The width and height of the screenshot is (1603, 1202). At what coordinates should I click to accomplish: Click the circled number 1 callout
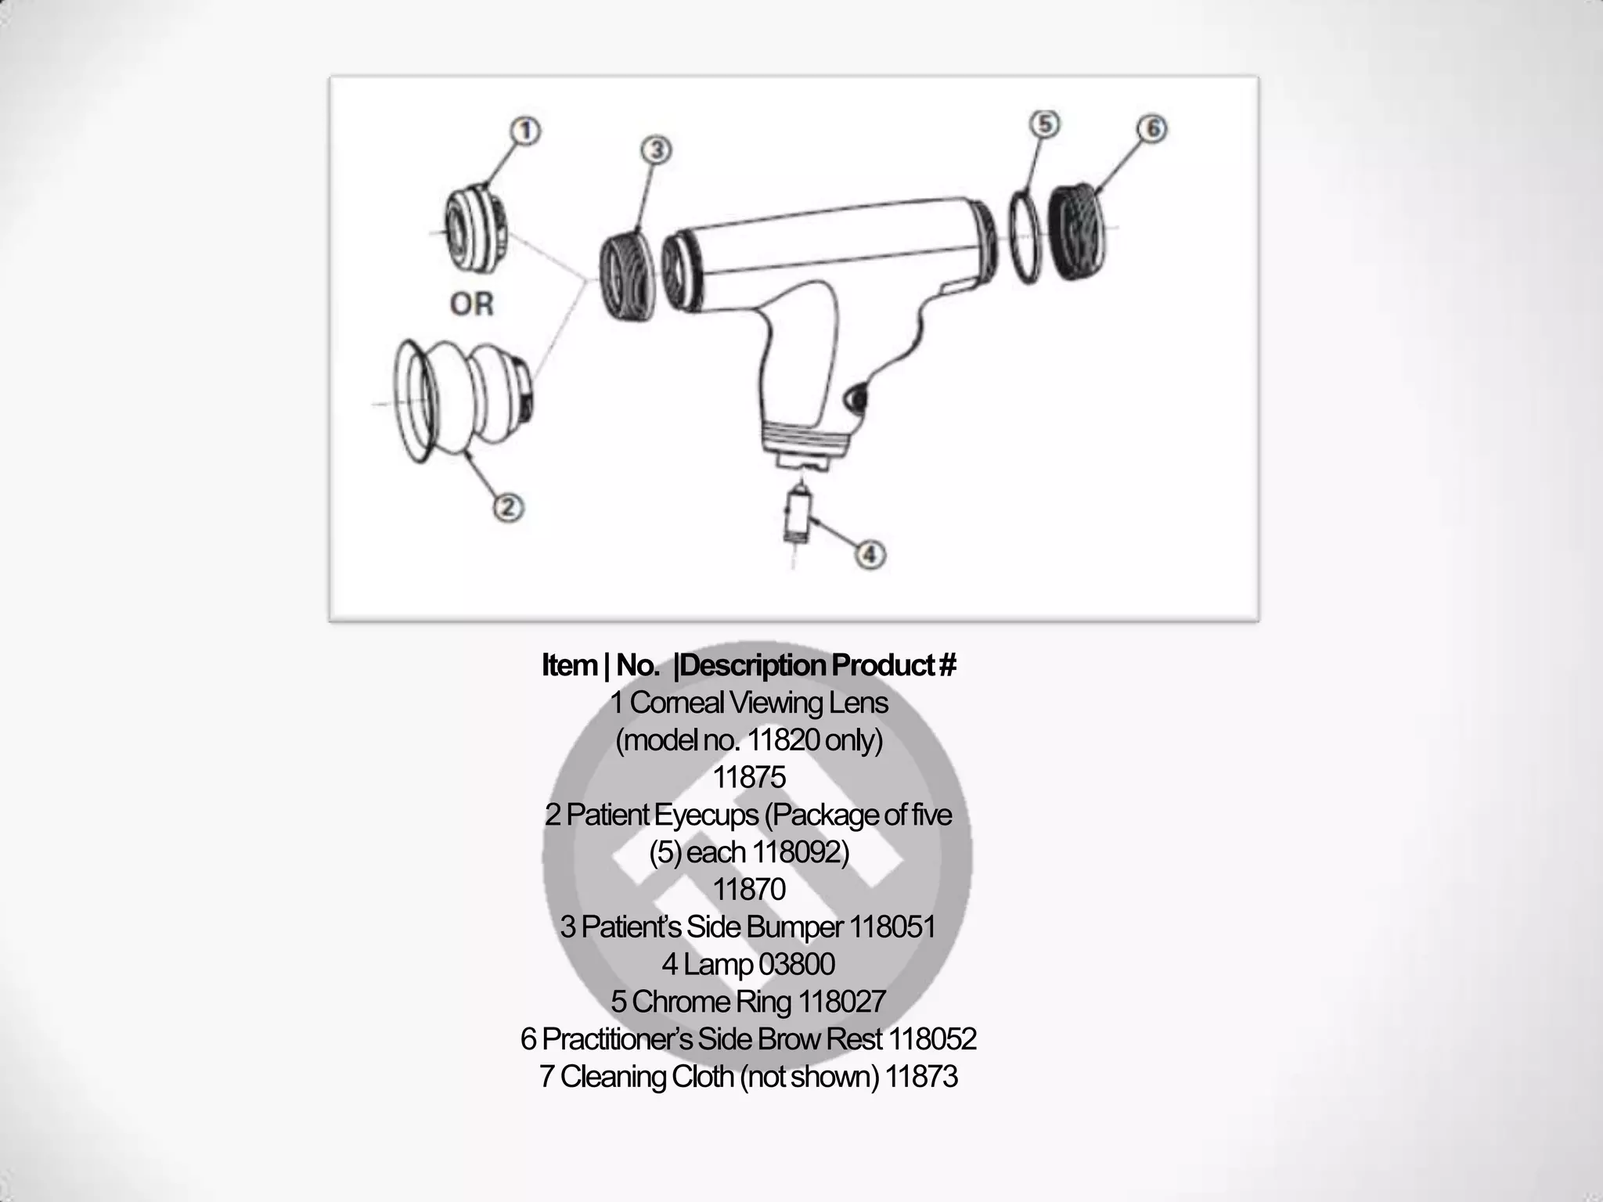coord(526,131)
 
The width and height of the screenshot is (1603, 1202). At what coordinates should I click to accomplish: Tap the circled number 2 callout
coord(508,508)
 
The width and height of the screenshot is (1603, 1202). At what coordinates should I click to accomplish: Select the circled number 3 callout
coord(657,149)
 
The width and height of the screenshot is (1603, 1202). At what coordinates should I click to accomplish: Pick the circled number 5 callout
coord(1045,124)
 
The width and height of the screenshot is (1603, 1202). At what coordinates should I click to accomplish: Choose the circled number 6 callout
coord(1152,128)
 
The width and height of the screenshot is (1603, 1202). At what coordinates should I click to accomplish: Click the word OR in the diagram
coord(472,304)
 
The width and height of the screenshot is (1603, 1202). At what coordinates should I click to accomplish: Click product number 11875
coord(749,778)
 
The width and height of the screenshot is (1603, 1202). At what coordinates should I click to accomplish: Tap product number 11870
coord(749,890)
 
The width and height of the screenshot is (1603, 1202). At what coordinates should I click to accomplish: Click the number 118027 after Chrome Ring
coord(841,1002)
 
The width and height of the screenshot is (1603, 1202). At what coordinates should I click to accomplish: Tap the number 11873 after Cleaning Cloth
coord(922,1077)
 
